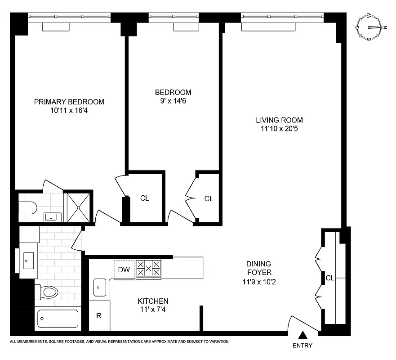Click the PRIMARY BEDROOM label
point(69,102)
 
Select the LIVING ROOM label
point(279,120)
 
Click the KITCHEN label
point(153,301)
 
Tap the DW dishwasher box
point(124,270)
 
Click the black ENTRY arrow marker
point(303,335)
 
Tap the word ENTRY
point(302,346)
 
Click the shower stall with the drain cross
point(79,207)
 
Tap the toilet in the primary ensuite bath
point(27,207)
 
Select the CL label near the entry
point(330,278)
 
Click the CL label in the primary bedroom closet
point(144,198)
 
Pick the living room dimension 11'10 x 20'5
point(279,129)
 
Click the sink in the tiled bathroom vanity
point(29,260)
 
